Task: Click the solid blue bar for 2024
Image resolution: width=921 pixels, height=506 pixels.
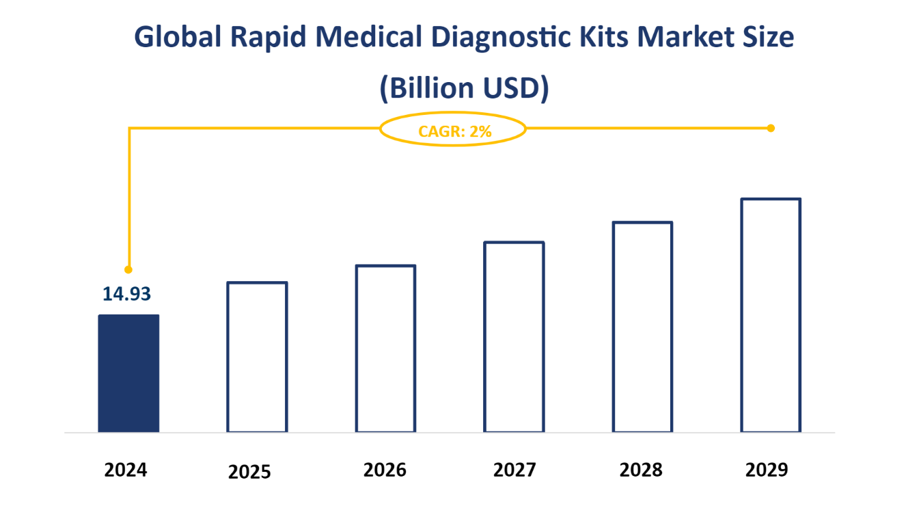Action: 128,373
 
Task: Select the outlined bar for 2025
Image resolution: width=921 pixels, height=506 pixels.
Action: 257,357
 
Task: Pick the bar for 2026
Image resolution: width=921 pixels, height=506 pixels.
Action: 385,349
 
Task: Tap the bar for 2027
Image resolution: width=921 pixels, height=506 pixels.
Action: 514,337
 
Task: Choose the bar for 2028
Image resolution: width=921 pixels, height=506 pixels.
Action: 642,327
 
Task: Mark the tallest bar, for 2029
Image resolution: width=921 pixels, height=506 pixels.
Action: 771,315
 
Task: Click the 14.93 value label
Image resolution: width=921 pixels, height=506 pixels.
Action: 126,294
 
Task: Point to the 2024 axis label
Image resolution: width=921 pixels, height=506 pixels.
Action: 126,470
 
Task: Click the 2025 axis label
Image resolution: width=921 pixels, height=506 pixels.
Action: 249,472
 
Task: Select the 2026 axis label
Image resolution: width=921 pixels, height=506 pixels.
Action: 385,470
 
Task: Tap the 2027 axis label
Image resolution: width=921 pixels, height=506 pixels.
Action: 514,470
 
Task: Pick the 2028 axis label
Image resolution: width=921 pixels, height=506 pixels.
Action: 641,470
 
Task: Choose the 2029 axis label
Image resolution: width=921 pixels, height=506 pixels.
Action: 767,470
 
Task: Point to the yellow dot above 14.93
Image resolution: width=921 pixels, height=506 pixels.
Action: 128,269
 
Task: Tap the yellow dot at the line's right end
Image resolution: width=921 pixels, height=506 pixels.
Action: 771,128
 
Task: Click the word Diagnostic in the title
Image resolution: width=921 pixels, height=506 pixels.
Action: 523,38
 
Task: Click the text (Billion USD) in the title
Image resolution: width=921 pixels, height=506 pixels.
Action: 464,88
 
